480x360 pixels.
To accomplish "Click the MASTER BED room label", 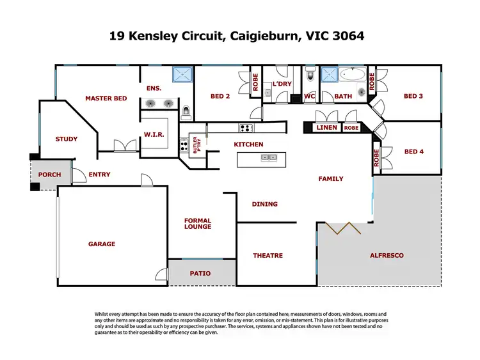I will click(x=106, y=98).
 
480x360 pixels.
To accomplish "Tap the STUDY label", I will click(x=67, y=139).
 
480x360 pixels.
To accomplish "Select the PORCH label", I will click(x=50, y=175).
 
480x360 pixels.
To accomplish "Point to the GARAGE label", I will click(x=102, y=244).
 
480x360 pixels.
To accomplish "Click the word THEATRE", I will click(x=268, y=255).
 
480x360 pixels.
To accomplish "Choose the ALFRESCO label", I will click(x=387, y=255).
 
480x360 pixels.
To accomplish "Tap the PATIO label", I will click(x=200, y=273).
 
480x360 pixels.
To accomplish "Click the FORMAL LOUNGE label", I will click(x=198, y=224).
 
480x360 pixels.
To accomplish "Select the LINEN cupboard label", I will click(x=327, y=128).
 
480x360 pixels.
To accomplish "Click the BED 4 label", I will click(x=414, y=152).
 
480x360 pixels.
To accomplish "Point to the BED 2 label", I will click(x=220, y=97).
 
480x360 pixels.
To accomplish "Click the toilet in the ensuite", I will click(x=186, y=113).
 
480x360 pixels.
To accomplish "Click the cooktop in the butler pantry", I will click(x=184, y=145).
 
